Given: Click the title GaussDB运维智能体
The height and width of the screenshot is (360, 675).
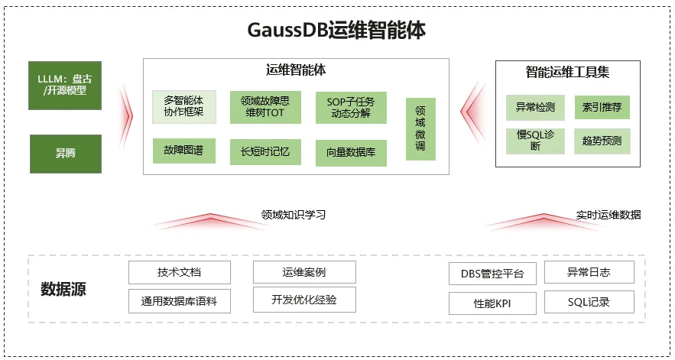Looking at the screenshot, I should point(337,30).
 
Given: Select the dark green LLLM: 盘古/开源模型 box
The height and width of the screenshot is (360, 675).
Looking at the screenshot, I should point(66,84).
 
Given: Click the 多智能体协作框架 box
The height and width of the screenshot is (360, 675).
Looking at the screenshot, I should point(184,107).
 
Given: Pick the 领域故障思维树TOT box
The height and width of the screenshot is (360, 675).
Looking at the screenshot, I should point(265,107).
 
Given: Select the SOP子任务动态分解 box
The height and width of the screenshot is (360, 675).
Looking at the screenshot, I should point(351,108).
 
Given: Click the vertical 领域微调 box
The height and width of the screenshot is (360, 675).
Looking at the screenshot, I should point(420,128).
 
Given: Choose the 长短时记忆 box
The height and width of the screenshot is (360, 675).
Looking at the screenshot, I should point(265,151).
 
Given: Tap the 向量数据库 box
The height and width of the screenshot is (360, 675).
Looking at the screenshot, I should point(351,153).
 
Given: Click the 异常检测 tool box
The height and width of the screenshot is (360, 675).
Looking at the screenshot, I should point(535,107).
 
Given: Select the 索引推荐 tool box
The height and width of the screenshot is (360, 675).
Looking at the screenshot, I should point(602,107).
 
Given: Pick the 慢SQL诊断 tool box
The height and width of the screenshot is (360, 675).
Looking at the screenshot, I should point(535,141).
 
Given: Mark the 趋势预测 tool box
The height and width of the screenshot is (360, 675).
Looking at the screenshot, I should point(602,141).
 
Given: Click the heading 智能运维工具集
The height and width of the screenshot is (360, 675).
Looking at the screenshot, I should point(567,73).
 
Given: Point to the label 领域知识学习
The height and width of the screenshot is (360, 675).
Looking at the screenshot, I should point(294,215).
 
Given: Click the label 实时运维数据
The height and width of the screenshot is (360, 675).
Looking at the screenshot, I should point(608,215).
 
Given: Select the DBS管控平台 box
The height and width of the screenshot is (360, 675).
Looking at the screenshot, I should point(492,274).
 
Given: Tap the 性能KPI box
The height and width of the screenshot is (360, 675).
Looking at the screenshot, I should point(492,303).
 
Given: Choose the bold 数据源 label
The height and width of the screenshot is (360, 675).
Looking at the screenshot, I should point(63,289).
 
